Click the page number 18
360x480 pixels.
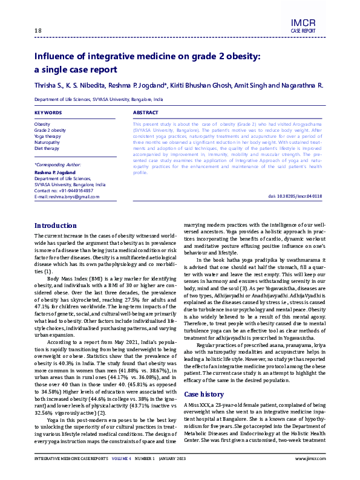(x=38, y=31)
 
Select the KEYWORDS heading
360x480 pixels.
(x=48, y=112)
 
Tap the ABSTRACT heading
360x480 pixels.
(x=145, y=112)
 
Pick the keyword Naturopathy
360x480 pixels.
(x=48, y=142)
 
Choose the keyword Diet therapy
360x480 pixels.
(x=47, y=148)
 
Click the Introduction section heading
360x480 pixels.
(x=56, y=209)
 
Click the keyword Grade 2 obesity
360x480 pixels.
(x=50, y=130)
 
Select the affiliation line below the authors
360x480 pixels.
(x=98, y=99)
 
